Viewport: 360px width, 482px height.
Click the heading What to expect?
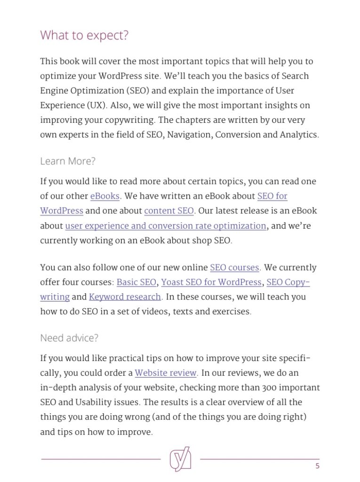tap(84, 35)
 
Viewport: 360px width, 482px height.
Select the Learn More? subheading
tap(68, 161)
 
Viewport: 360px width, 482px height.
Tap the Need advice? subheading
tap(69, 338)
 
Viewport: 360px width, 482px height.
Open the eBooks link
tap(105, 196)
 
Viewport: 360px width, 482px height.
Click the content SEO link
tap(169, 211)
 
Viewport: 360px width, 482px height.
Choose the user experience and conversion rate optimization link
tap(166, 226)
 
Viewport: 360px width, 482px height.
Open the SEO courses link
tap(234, 268)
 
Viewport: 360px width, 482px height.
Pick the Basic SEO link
tap(136, 282)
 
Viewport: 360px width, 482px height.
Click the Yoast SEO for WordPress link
tap(211, 282)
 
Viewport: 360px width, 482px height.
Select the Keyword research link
tap(125, 297)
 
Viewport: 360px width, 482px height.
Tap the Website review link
tap(166, 373)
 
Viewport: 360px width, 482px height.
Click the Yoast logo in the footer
tap(180, 459)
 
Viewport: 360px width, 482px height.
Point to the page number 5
tap(318, 466)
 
